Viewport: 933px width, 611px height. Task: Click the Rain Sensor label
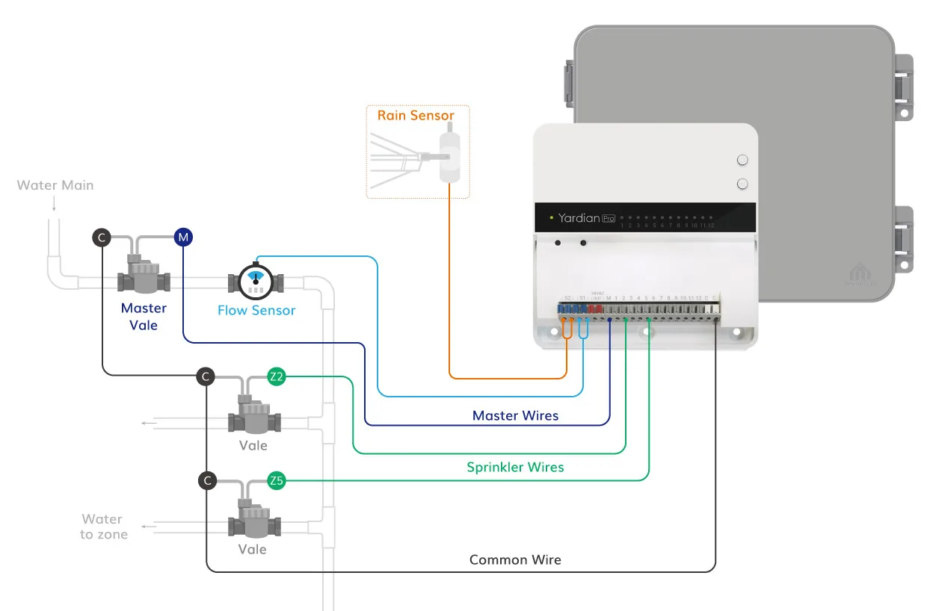click(x=416, y=116)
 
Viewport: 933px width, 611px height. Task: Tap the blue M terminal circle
click(x=183, y=238)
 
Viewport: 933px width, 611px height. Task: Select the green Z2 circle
click(x=277, y=377)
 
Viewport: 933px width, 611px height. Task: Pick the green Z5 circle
click(x=277, y=481)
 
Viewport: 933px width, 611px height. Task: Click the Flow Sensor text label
click(x=256, y=311)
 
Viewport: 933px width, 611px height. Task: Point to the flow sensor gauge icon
click(x=256, y=281)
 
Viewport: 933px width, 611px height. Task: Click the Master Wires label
click(x=515, y=415)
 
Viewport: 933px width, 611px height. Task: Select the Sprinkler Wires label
click(x=515, y=468)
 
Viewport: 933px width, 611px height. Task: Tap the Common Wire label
click(x=515, y=559)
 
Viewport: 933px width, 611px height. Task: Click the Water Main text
click(x=55, y=185)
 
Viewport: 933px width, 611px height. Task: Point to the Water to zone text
click(x=103, y=527)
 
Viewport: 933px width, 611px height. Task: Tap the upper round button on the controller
click(x=742, y=160)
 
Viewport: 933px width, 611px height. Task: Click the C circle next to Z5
click(x=208, y=480)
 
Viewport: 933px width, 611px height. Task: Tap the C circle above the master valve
click(x=102, y=238)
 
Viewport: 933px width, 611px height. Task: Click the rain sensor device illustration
click(x=448, y=156)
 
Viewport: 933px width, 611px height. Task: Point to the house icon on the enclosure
click(x=857, y=273)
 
